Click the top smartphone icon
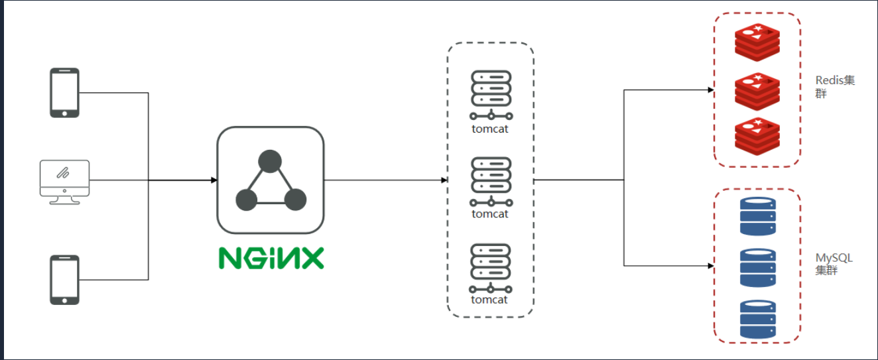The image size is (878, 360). (x=65, y=93)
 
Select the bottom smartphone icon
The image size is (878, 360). (x=65, y=280)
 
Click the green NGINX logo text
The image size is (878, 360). (x=271, y=257)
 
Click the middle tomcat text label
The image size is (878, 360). (x=490, y=214)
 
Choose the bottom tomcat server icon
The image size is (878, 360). (x=491, y=268)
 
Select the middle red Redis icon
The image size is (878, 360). (x=757, y=91)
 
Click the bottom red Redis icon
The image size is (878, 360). (x=757, y=135)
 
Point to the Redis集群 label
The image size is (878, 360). (x=834, y=87)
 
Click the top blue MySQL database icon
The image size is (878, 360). (x=757, y=216)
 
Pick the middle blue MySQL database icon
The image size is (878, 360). (x=757, y=267)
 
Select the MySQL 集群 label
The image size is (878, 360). (x=834, y=264)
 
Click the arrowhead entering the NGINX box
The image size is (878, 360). (x=214, y=180)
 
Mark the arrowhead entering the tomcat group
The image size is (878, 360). (x=444, y=180)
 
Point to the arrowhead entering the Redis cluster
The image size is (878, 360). (x=710, y=90)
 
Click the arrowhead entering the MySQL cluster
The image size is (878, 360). (x=710, y=266)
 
